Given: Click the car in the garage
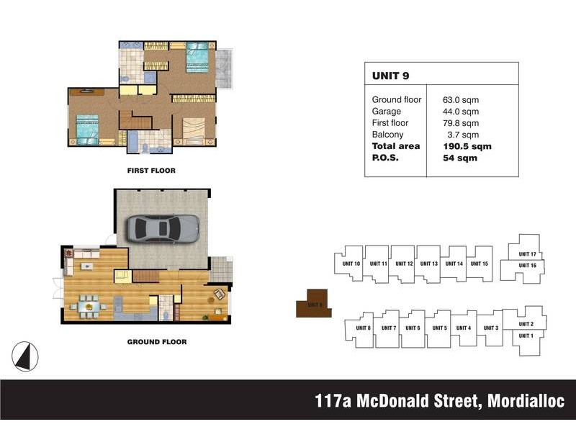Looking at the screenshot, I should tap(164, 228).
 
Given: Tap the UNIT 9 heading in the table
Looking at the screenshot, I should tap(391, 75).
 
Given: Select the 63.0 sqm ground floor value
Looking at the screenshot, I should tap(461, 100).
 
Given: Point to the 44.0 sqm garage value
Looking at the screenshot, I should tap(461, 112).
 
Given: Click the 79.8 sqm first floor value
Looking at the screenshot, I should tap(461, 123).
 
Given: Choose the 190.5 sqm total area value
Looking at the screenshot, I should tap(467, 146).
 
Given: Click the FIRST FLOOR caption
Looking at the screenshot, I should tap(151, 171).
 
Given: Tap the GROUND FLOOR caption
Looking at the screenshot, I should tap(157, 342).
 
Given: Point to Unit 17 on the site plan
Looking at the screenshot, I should tap(528, 254).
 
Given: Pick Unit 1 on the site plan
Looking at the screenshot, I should tap(526, 336).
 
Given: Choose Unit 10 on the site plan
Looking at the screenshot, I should tap(352, 264).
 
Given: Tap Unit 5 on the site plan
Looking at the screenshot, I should tap(440, 328).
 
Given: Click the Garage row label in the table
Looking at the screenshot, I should tap(386, 112).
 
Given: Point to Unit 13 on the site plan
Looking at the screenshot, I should tap(429, 264).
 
